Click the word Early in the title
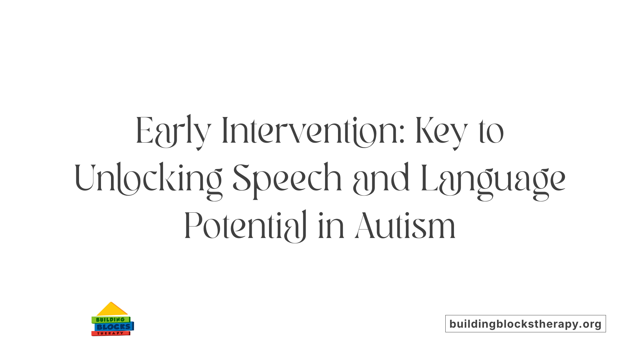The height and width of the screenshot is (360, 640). pyautogui.click(x=173, y=132)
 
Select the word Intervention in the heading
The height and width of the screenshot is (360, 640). pyautogui.click(x=310, y=132)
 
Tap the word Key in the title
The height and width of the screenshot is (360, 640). pyautogui.click(x=442, y=132)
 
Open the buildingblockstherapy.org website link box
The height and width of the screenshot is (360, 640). pyautogui.click(x=525, y=324)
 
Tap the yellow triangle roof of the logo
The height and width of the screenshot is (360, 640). pyautogui.click(x=112, y=310)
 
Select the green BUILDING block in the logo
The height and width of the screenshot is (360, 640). pyautogui.click(x=110, y=320)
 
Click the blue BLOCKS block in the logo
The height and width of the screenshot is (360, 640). pyautogui.click(x=114, y=327)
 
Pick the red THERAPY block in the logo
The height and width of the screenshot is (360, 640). pyautogui.click(x=110, y=333)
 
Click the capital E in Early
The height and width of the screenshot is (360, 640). pyautogui.click(x=144, y=131)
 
